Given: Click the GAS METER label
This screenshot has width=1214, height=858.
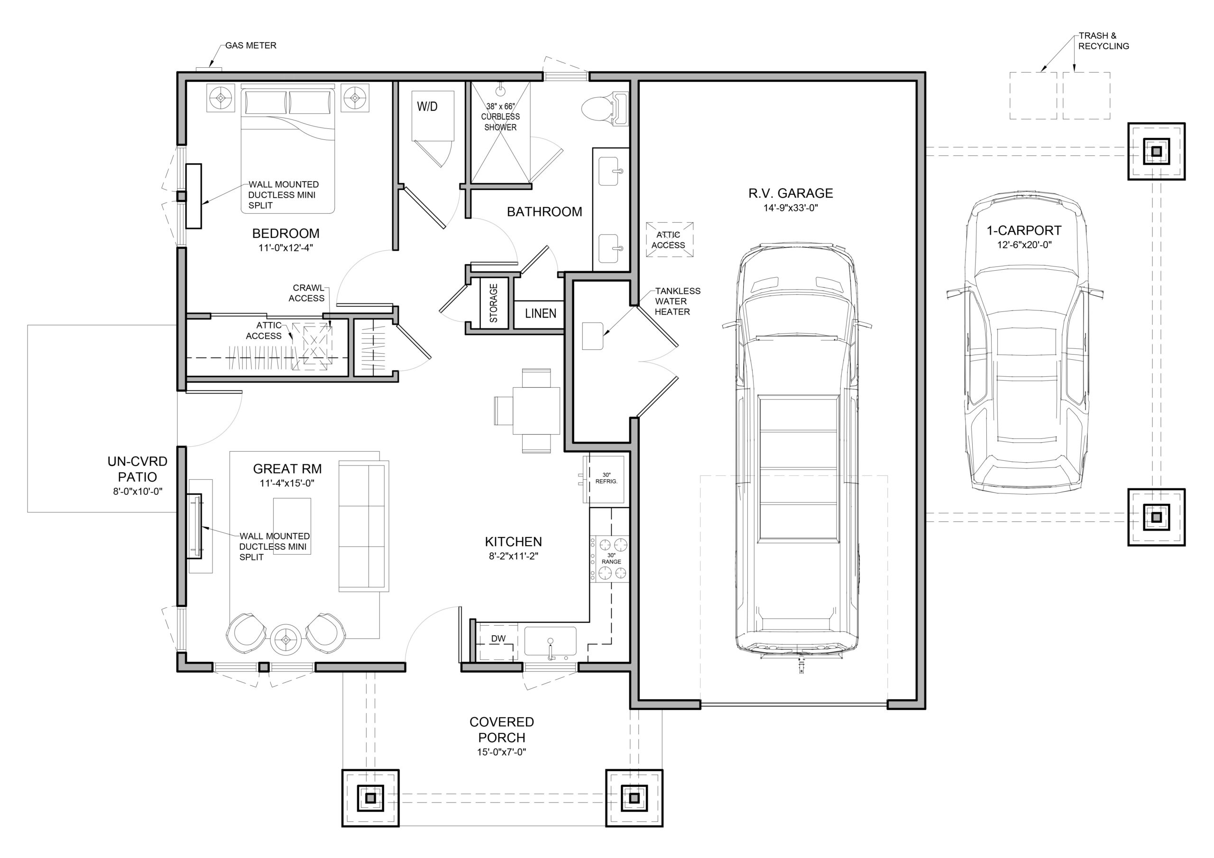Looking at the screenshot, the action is click(251, 46).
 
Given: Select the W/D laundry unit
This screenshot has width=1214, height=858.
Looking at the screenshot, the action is click(433, 116).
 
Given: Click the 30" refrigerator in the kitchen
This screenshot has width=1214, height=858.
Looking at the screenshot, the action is click(606, 478).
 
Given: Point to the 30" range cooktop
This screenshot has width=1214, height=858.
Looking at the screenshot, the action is click(610, 559).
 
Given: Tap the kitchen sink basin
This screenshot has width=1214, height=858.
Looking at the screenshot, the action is click(550, 641).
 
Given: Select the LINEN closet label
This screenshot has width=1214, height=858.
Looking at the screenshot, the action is click(541, 313).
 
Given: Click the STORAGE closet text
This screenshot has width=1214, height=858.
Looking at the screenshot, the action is click(493, 303).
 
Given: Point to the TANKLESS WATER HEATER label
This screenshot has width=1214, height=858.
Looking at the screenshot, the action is click(677, 301).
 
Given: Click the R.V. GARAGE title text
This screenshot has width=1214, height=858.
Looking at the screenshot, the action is click(791, 193).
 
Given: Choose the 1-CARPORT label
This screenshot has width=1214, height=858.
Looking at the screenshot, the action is click(1024, 230).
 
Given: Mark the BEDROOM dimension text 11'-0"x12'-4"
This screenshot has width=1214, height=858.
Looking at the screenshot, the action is click(286, 247).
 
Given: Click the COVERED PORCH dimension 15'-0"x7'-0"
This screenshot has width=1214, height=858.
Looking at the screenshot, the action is click(501, 752).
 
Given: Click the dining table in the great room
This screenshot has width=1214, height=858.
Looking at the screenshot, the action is click(535, 410).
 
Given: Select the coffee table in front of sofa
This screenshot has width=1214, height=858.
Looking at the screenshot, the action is click(292, 526).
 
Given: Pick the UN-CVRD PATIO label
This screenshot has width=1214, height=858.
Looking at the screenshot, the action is click(138, 469).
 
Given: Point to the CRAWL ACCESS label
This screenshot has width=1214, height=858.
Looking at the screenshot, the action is click(308, 293).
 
